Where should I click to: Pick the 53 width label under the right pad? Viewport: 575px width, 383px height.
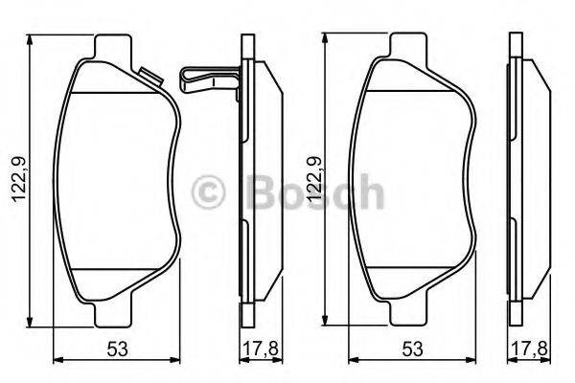click(x=411, y=349)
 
